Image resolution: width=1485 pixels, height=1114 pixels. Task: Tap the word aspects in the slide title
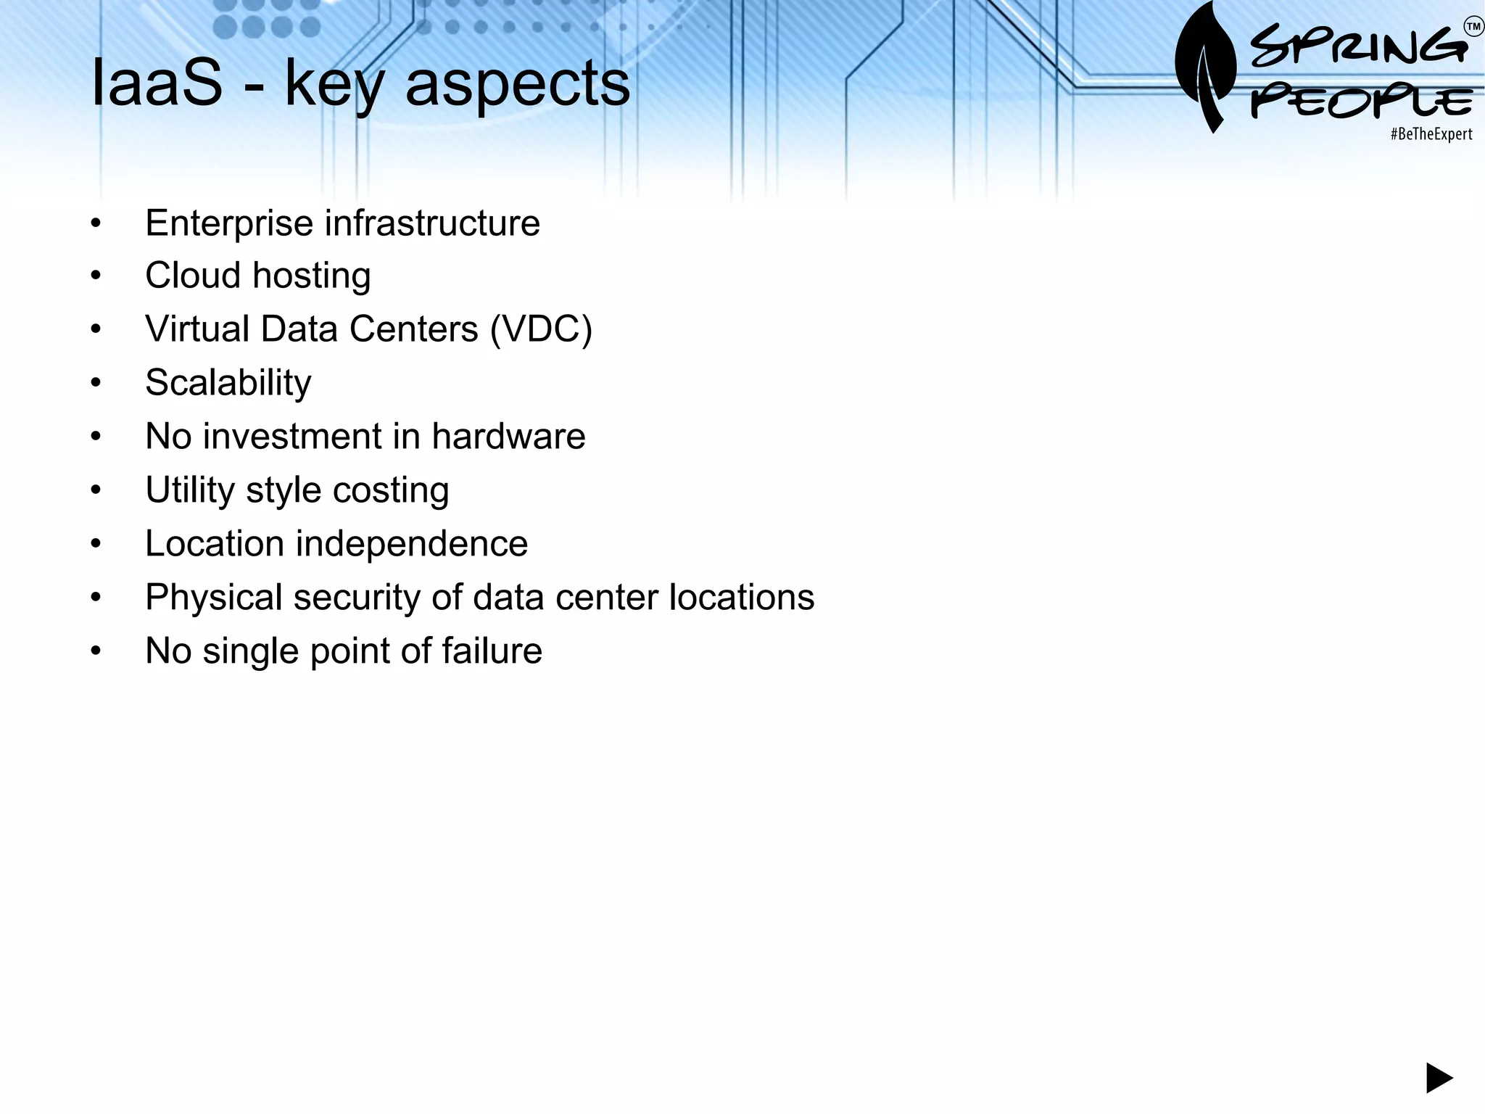(517, 85)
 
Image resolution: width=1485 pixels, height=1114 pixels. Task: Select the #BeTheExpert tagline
(1431, 134)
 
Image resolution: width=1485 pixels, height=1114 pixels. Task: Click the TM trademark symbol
(1473, 28)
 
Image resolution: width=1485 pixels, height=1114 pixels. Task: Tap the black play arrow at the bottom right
(1439, 1078)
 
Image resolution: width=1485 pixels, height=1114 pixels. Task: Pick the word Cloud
(192, 276)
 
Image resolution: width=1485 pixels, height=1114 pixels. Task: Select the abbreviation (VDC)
(541, 329)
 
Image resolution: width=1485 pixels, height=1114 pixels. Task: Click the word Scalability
(228, 383)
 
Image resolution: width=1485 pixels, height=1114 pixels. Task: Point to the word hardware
(508, 437)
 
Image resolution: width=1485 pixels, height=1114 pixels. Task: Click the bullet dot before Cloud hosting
(96, 276)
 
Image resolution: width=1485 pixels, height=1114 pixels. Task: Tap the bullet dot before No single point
(96, 651)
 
